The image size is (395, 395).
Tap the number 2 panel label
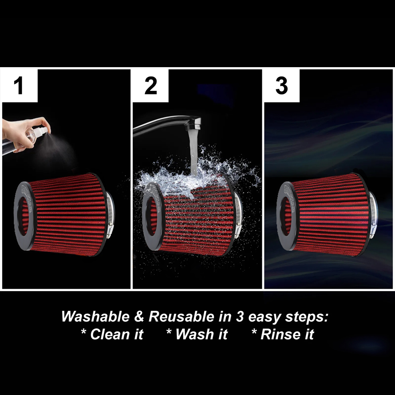pos(150,86)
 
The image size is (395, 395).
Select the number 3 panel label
pos(281,86)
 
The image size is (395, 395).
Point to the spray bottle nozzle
pos(47,127)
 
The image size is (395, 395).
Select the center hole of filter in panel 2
pos(151,215)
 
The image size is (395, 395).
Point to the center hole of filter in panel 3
pos(288,215)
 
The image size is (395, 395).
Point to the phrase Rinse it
pos(283,335)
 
